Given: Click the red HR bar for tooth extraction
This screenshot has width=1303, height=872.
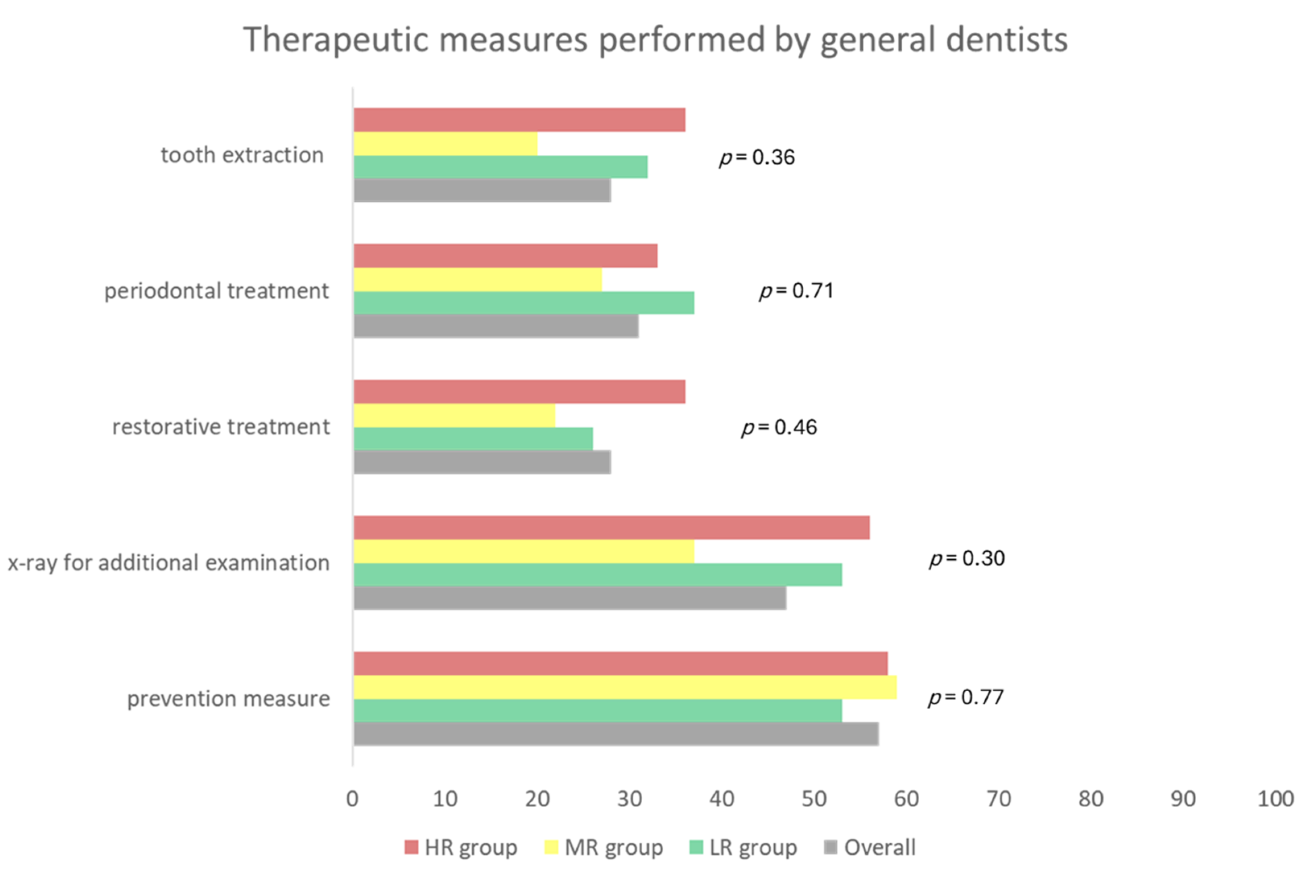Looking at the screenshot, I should (x=519, y=120).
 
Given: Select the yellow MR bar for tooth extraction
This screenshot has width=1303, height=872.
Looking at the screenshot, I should (x=445, y=144).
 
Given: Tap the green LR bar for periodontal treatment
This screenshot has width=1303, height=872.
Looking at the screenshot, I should (x=523, y=303).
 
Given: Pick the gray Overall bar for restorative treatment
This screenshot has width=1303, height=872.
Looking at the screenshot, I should (x=482, y=462).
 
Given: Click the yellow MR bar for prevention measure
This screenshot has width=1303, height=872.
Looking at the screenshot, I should (x=624, y=687).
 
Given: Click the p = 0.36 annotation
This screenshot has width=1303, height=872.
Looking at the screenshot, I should (x=757, y=158).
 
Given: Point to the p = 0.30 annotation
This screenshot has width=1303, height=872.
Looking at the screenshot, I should (x=966, y=559).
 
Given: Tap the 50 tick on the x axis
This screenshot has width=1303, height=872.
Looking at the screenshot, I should (x=813, y=799).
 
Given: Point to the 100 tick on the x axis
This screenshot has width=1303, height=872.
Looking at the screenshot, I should (x=1275, y=799).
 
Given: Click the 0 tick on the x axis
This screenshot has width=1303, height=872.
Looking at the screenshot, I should (x=352, y=799).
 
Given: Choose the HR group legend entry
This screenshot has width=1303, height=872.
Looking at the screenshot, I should (x=461, y=847).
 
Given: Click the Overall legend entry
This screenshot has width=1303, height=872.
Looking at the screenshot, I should (x=870, y=847).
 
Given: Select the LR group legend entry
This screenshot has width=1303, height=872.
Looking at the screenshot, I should (x=743, y=847).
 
